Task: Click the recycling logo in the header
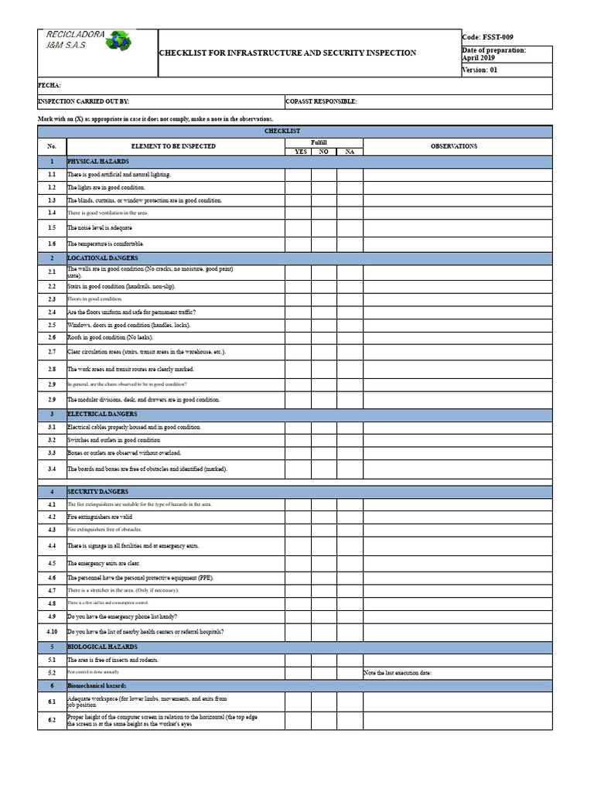click(x=119, y=41)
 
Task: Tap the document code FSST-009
click(x=487, y=37)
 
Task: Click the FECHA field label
click(x=49, y=85)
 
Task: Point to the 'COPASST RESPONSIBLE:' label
click(x=321, y=101)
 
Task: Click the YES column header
click(x=298, y=152)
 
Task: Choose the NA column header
click(x=350, y=152)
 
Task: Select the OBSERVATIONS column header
click(x=454, y=146)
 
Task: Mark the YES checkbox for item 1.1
click(x=298, y=175)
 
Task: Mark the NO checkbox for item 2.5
click(x=324, y=325)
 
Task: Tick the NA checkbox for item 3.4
click(x=350, y=469)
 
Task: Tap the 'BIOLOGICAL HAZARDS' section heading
click(x=102, y=647)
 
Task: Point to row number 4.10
click(x=52, y=632)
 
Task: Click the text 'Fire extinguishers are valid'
click(x=100, y=517)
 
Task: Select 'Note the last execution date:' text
click(x=398, y=673)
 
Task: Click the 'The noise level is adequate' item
click(x=100, y=228)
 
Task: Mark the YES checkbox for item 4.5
click(x=298, y=564)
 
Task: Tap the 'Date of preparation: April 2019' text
click(x=493, y=53)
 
